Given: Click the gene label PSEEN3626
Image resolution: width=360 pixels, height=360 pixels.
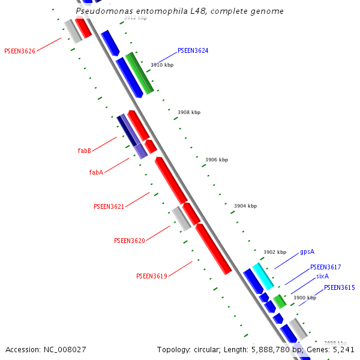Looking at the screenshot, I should pyautogui.click(x=19, y=51).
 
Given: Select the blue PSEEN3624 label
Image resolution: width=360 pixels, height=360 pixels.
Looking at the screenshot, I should pyautogui.click(x=193, y=51).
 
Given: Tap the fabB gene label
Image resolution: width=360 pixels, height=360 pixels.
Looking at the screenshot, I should pyautogui.click(x=84, y=151).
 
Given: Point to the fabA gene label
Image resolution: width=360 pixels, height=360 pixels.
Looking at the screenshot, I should pyautogui.click(x=96, y=172).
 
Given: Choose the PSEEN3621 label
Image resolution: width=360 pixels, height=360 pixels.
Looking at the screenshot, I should pyautogui.click(x=109, y=206).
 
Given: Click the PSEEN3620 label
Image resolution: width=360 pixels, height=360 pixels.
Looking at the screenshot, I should pyautogui.click(x=129, y=241).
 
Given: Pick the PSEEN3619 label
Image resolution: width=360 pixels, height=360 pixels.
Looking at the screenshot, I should pyautogui.click(x=151, y=277).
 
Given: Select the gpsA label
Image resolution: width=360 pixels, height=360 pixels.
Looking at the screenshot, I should pyautogui.click(x=307, y=252).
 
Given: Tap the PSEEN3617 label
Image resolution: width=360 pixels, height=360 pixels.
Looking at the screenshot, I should pyautogui.click(x=325, y=267).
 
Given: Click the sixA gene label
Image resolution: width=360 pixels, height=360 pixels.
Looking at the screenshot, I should pyautogui.click(x=322, y=277).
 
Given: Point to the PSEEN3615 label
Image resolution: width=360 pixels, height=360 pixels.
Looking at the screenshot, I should pyautogui.click(x=339, y=288).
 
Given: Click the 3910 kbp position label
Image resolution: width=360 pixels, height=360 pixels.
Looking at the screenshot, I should pyautogui.click(x=161, y=65).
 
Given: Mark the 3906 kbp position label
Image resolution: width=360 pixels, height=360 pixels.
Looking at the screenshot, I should pyautogui.click(x=217, y=160).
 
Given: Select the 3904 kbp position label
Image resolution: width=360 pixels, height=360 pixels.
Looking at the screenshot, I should pyautogui.click(x=245, y=206).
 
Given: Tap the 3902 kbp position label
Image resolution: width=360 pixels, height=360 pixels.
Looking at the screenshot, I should pyautogui.click(x=274, y=252).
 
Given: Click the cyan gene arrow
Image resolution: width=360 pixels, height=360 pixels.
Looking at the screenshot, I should pyautogui.click(x=263, y=275).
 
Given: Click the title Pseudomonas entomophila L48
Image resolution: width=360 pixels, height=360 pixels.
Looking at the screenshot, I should pyautogui.click(x=180, y=11).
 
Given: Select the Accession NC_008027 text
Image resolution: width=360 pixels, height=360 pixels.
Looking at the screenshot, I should pyautogui.click(x=46, y=349).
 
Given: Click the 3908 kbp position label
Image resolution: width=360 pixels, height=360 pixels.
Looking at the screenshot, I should pyautogui.click(x=188, y=112).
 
